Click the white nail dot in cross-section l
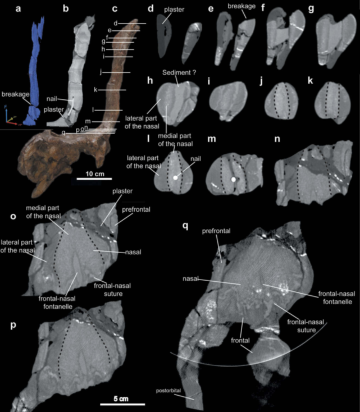click(175, 178)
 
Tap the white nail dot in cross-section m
click(233, 179)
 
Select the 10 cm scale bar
click(94, 179)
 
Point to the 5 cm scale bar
click(122, 404)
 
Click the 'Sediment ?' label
click(179, 73)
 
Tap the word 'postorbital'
click(168, 391)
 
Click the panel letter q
click(185, 226)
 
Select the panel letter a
click(18, 9)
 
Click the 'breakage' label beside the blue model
click(16, 94)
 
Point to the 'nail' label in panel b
click(52, 99)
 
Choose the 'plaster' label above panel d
click(174, 10)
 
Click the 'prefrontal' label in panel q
click(216, 231)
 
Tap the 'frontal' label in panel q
click(240, 341)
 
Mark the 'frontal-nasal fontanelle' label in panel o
click(57, 303)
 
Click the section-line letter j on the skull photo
click(101, 72)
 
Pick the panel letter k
click(310, 81)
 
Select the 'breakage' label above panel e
click(241, 6)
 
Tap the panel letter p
click(13, 326)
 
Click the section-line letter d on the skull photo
click(116, 23)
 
